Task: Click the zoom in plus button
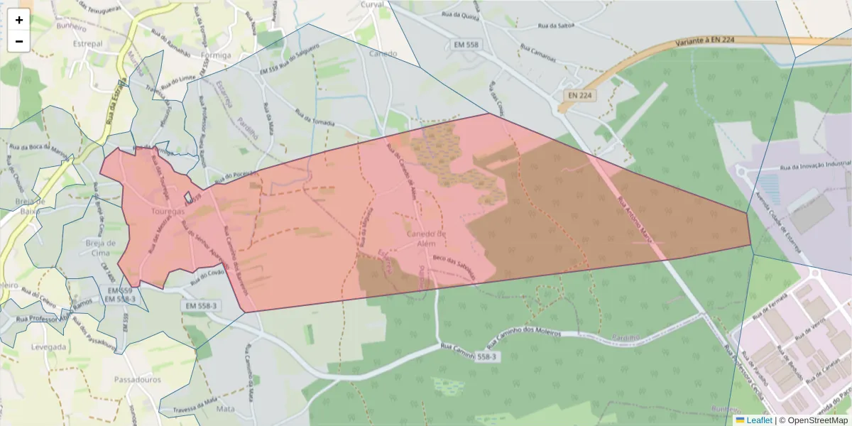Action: [19, 20]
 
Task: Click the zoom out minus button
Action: [19, 41]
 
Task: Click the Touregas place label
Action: [168, 212]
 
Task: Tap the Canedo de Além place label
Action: [426, 238]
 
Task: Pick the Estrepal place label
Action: [88, 43]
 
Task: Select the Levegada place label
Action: [49, 347]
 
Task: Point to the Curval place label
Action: [372, 4]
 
